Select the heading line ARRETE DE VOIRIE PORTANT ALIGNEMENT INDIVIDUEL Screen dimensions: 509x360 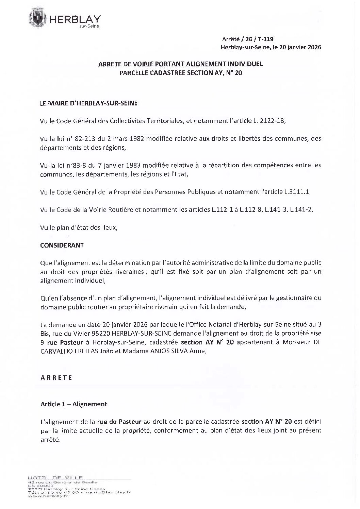(180, 64)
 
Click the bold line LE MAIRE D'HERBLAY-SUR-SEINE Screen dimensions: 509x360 (89, 103)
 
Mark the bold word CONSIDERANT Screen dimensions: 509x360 (62, 245)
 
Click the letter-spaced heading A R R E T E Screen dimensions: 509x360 (56, 378)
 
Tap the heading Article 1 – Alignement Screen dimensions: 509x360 (74, 404)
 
